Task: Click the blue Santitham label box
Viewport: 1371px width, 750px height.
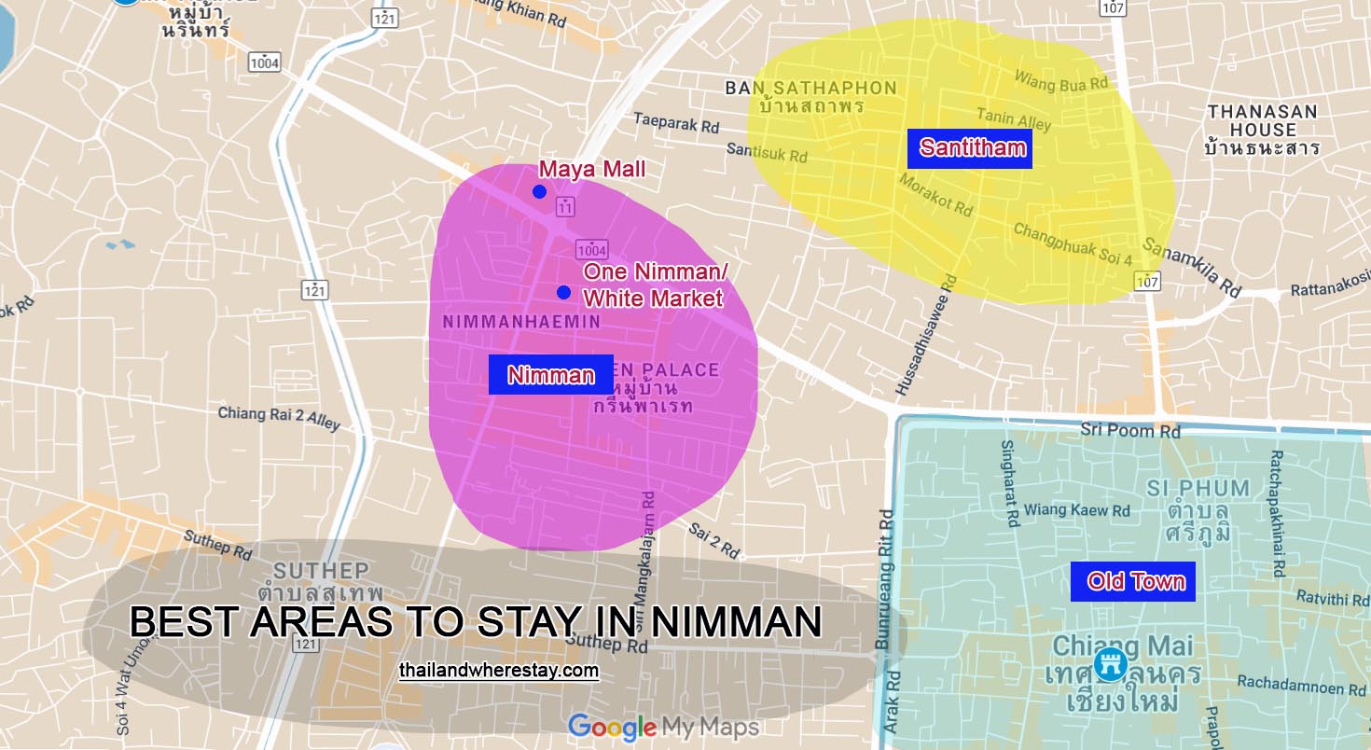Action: pyautogui.click(x=970, y=147)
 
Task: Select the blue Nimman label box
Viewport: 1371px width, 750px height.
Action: pyautogui.click(x=550, y=375)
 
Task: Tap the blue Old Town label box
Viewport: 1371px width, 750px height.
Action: pyautogui.click(x=1133, y=581)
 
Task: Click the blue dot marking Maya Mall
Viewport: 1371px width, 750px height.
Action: pyautogui.click(x=539, y=192)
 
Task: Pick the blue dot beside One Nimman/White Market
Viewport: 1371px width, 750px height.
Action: pyautogui.click(x=563, y=293)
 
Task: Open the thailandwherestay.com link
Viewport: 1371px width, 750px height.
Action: pyautogui.click(x=498, y=671)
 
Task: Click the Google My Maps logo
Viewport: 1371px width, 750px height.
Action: pyautogui.click(x=663, y=727)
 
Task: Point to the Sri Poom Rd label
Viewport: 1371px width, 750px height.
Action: pyautogui.click(x=1130, y=430)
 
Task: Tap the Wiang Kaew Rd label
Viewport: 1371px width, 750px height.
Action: pyautogui.click(x=1077, y=510)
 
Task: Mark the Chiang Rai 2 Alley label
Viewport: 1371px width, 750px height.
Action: pyautogui.click(x=279, y=418)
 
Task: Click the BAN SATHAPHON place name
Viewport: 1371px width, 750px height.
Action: pyautogui.click(x=810, y=89)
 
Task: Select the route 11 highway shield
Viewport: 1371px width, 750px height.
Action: pyautogui.click(x=564, y=206)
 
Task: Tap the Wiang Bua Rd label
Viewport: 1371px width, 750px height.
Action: pyautogui.click(x=1060, y=81)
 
